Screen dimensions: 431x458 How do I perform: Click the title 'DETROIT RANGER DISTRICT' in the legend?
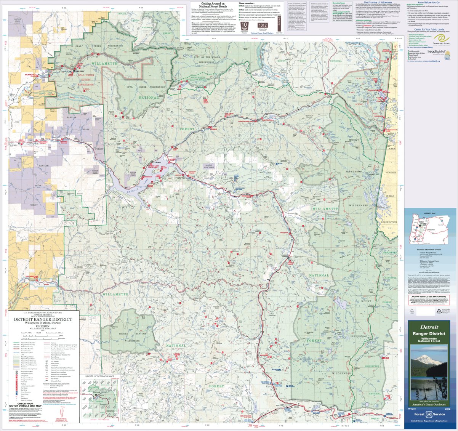click(x=43, y=319)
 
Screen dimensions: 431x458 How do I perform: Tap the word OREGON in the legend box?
click(x=43, y=326)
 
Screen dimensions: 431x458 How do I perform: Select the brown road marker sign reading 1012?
click(x=263, y=26)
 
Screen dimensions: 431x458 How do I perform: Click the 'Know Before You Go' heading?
click(x=429, y=2)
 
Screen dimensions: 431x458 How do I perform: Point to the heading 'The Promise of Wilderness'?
click(x=375, y=2)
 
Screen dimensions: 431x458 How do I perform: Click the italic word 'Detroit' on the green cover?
click(x=429, y=327)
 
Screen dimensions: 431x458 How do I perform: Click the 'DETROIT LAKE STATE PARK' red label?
click(x=153, y=167)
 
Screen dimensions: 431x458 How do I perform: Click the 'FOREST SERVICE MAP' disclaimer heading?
click(x=297, y=4)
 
